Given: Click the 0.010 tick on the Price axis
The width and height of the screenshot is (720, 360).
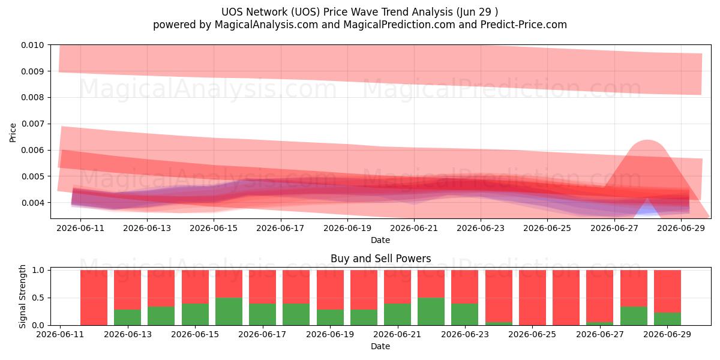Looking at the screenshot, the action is [x=32, y=45].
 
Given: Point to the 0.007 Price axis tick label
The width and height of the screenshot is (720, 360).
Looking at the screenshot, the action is [x=32, y=124].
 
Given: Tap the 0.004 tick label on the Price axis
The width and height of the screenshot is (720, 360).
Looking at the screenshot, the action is [x=32, y=203].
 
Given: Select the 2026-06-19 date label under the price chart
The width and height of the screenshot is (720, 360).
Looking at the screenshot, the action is [x=347, y=228].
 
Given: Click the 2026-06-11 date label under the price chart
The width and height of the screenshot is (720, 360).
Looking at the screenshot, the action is [x=80, y=228].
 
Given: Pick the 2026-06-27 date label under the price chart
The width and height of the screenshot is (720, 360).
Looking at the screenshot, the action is [x=614, y=228].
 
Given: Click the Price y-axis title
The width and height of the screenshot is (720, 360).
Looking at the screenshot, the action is [x=13, y=133].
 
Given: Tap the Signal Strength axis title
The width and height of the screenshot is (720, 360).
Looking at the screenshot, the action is [x=22, y=296].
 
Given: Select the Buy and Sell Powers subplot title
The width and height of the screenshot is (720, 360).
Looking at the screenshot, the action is [x=380, y=259].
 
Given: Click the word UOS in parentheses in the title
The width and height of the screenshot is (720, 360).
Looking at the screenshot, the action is [x=305, y=12].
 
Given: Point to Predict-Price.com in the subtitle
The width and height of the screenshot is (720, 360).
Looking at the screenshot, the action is [x=523, y=25].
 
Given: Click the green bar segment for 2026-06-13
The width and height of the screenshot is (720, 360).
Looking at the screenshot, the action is [x=128, y=317].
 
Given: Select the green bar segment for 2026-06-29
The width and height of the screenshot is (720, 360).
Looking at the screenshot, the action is [x=667, y=319].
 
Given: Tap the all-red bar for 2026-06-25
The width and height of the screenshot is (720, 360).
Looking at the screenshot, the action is [x=532, y=298].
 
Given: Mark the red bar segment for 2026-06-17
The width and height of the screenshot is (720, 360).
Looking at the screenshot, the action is [x=262, y=287].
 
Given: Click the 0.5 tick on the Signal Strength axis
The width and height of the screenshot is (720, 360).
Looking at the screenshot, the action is [x=38, y=298].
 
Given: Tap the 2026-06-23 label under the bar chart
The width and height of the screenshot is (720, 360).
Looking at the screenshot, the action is [x=465, y=334].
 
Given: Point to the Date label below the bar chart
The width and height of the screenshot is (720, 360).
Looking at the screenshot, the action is [x=380, y=346].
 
